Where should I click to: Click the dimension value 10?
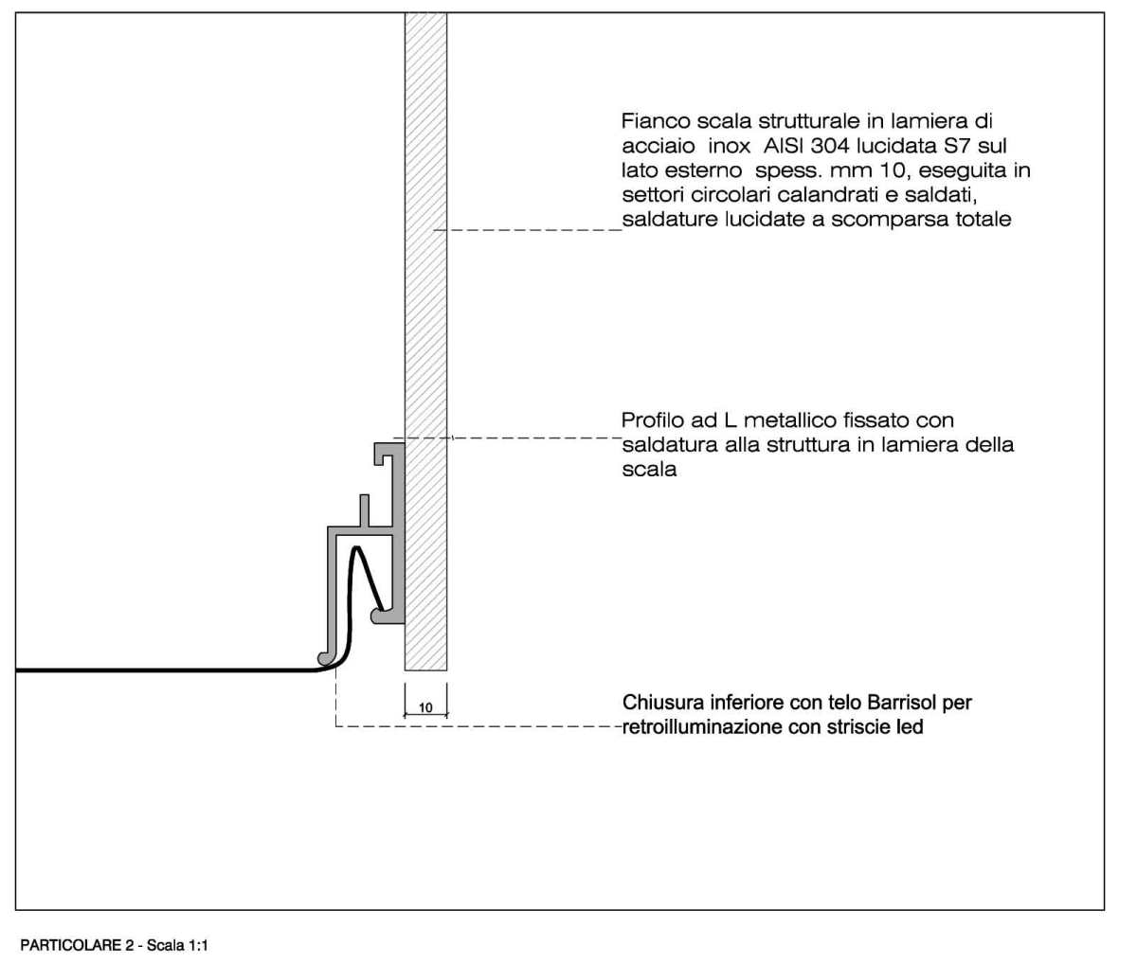click(x=425, y=707)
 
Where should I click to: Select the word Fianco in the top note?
click(x=654, y=120)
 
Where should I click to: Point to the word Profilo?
click(x=653, y=420)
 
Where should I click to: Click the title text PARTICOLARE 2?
click(x=77, y=945)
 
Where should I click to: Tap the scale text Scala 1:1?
click(x=178, y=945)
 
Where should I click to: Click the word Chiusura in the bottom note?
click(x=661, y=703)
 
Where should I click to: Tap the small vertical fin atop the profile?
click(x=364, y=510)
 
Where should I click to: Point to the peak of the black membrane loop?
click(x=356, y=547)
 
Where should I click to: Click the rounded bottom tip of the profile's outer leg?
click(x=325, y=658)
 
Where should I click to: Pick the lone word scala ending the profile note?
click(x=649, y=470)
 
